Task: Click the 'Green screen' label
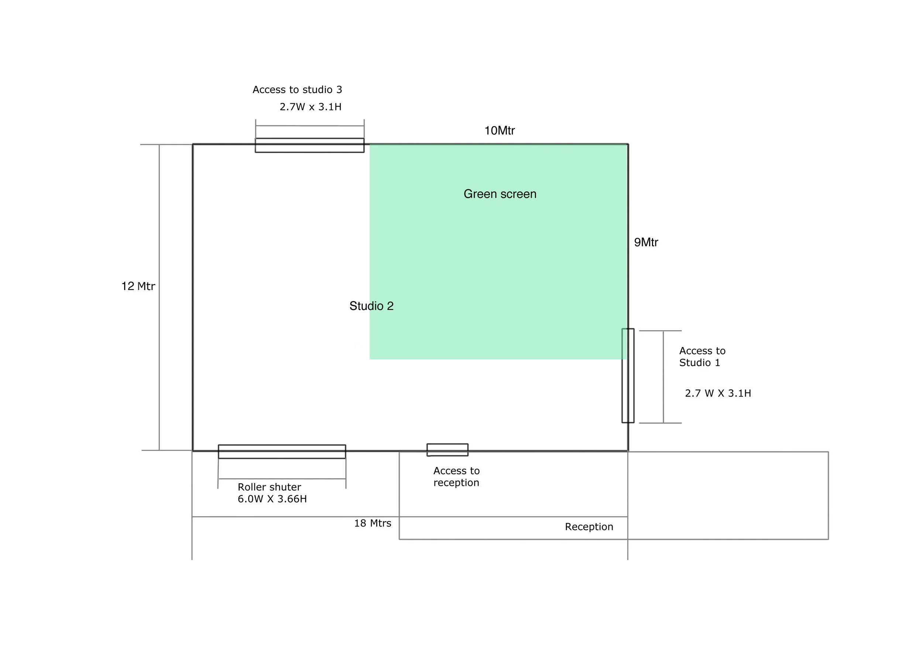pos(500,194)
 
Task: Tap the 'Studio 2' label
pos(371,306)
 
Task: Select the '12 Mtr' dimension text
pos(138,286)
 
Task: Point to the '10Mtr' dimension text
pos(499,131)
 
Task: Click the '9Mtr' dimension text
pos(646,242)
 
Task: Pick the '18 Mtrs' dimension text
pos(372,523)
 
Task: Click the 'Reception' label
pos(589,527)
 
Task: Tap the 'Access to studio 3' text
pos(297,90)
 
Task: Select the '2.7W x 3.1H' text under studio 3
pos(310,107)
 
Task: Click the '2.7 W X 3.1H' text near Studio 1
pos(718,393)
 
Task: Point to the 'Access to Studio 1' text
pos(702,357)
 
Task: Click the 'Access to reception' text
pos(456,476)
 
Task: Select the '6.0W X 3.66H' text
pos(272,499)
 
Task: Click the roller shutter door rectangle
pos(282,452)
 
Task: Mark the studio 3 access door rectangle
pos(309,145)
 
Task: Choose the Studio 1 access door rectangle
pos(628,376)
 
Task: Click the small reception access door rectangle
pos(447,450)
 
